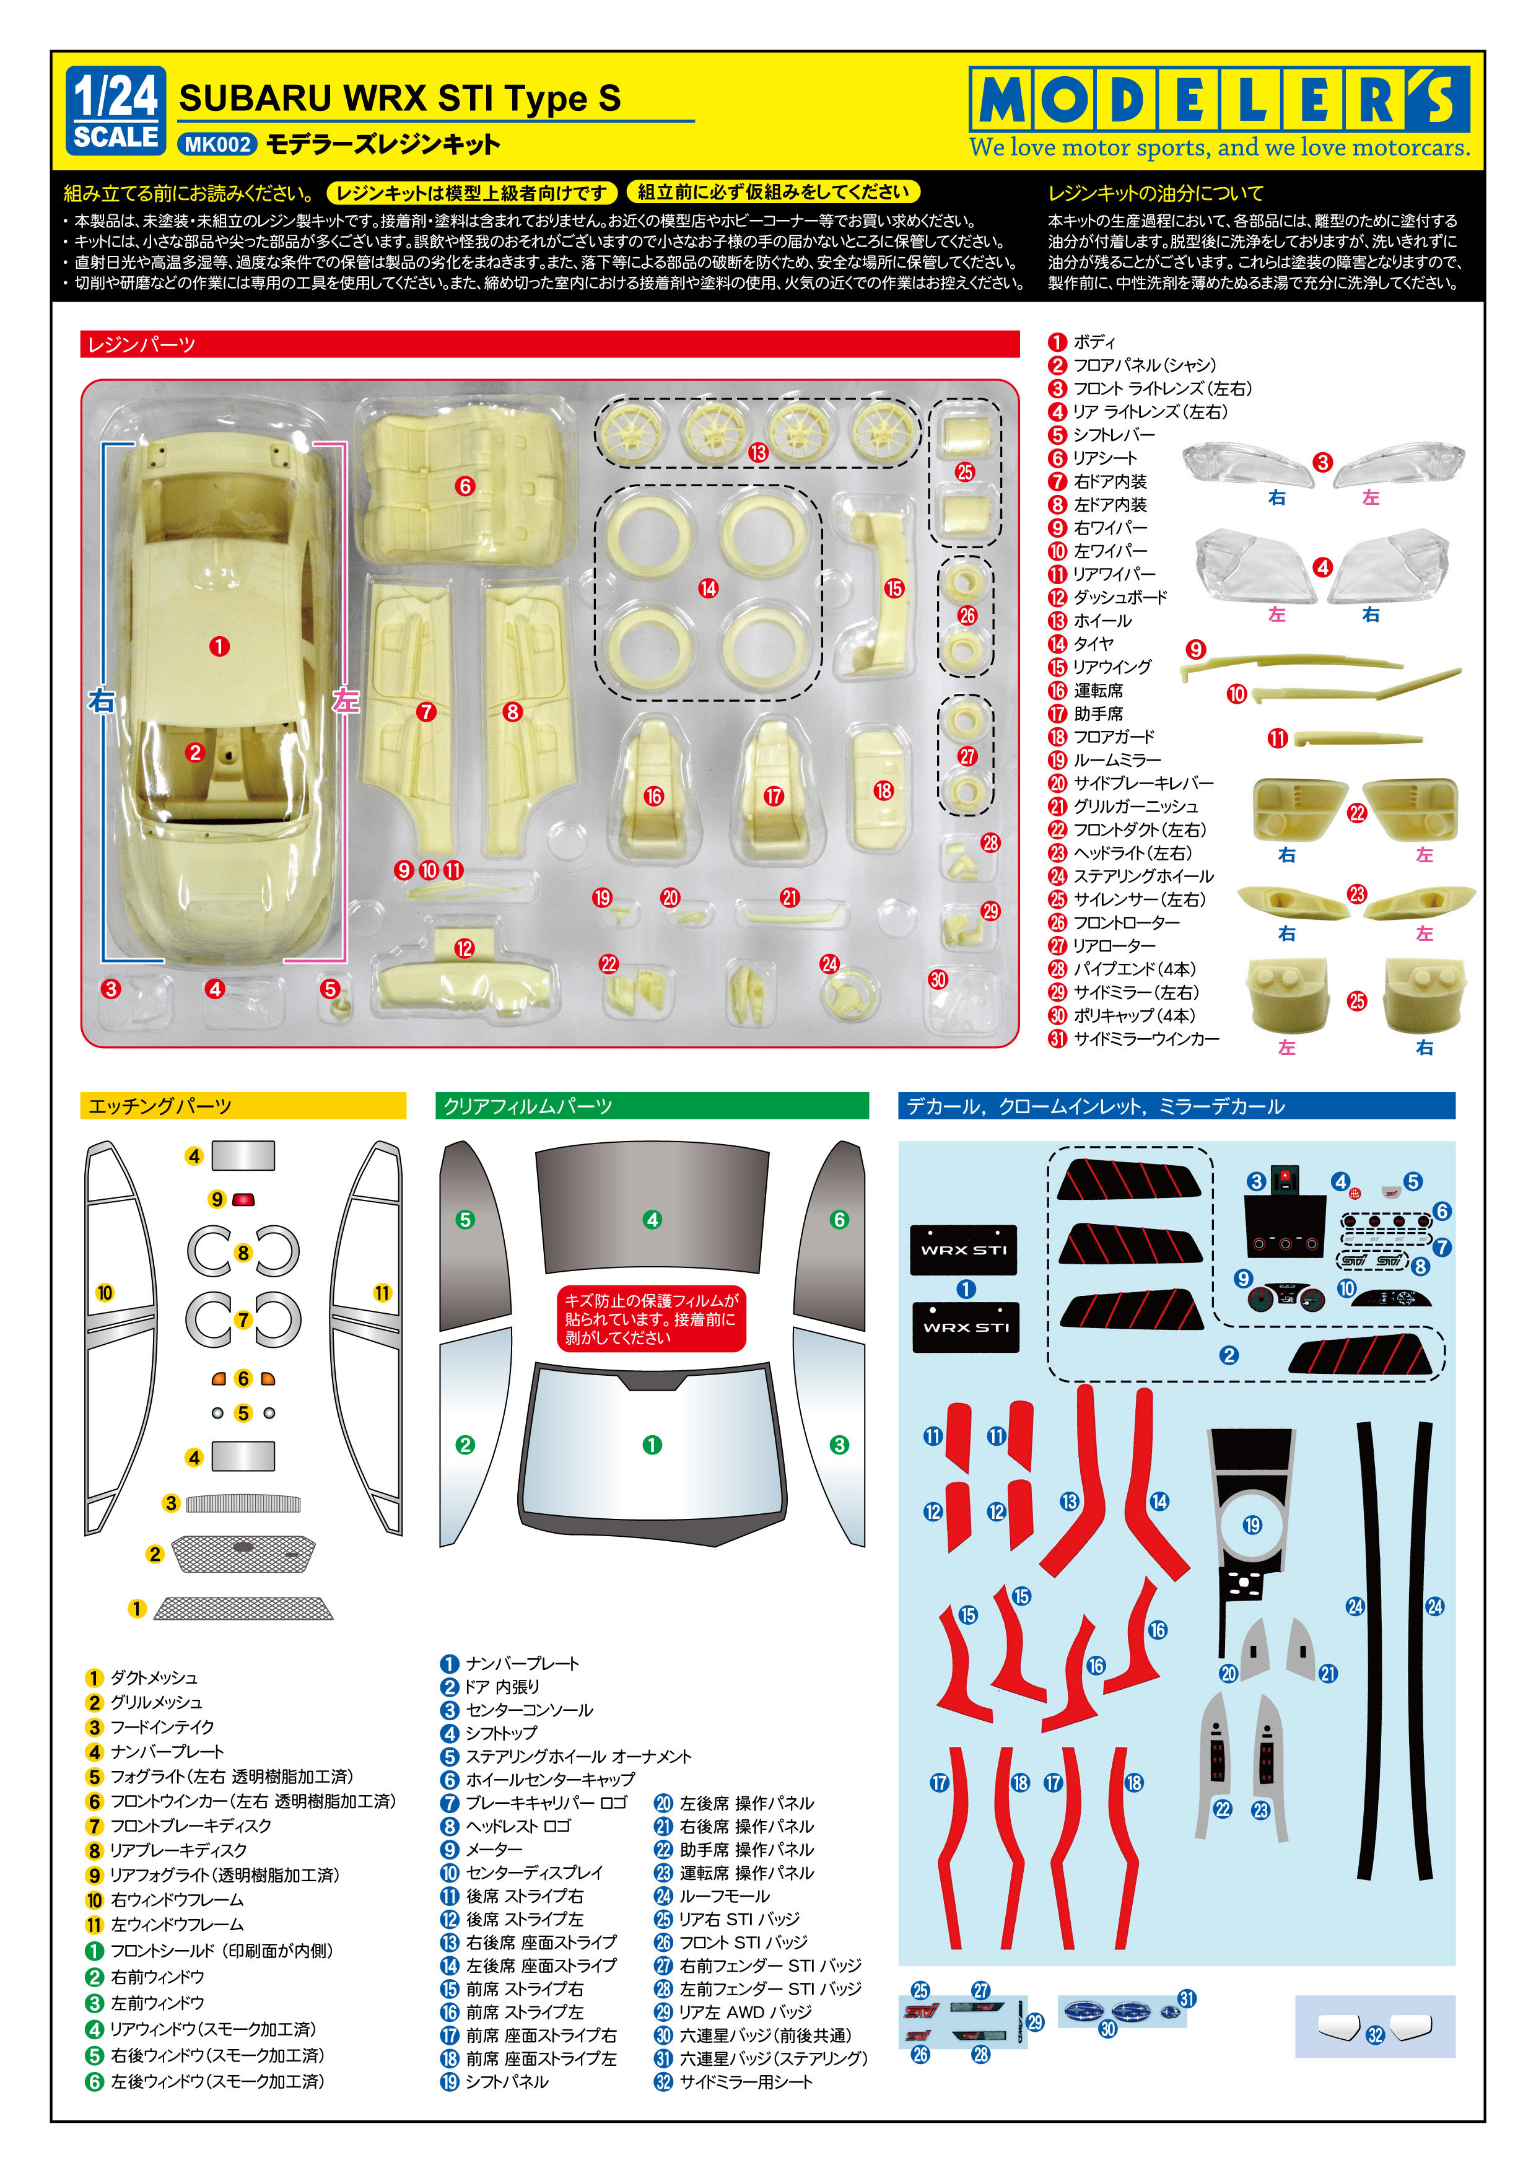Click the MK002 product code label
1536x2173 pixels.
[x=217, y=144]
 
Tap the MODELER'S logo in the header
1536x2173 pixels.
[x=1219, y=98]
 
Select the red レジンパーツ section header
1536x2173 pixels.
[x=549, y=344]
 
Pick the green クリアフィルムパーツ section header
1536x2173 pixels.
[x=651, y=1106]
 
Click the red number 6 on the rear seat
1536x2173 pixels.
[x=464, y=486]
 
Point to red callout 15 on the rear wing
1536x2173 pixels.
[x=893, y=588]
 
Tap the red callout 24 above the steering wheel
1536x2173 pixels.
[x=829, y=963]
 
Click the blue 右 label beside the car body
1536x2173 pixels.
[x=101, y=701]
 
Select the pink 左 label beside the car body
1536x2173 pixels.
[x=346, y=701]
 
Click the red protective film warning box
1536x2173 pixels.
[x=651, y=1318]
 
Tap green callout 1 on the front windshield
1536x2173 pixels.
[x=651, y=1445]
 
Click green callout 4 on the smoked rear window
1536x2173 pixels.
[x=651, y=1219]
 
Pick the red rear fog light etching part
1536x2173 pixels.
[x=243, y=1200]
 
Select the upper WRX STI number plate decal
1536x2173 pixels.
[x=964, y=1249]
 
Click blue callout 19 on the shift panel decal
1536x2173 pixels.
[x=1252, y=1524]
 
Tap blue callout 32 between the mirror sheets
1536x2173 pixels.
[x=1375, y=2035]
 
